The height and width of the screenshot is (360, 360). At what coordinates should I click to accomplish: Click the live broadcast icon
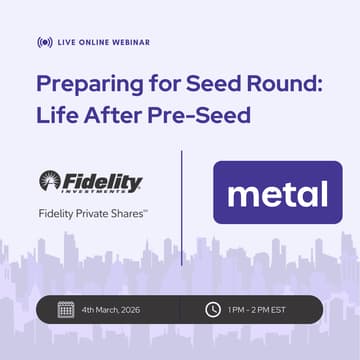[x=44, y=43]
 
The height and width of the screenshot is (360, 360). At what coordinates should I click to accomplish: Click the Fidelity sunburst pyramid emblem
[x=51, y=181]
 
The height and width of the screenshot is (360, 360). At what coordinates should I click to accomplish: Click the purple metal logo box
[x=278, y=192]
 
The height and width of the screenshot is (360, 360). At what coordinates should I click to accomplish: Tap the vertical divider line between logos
[x=181, y=205]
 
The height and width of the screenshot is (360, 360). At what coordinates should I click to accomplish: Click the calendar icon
[x=65, y=309]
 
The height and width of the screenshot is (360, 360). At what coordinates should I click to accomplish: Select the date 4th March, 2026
[x=112, y=309]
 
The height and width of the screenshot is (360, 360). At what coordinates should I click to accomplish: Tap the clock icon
[x=212, y=309]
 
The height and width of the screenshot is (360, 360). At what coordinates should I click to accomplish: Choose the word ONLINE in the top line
[x=97, y=43]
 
